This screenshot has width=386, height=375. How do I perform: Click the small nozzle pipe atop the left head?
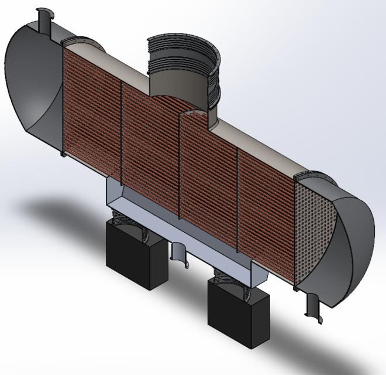click(x=44, y=20)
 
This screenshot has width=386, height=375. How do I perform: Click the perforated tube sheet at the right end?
click(x=313, y=231)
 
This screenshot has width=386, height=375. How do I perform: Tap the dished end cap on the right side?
click(x=354, y=246)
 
